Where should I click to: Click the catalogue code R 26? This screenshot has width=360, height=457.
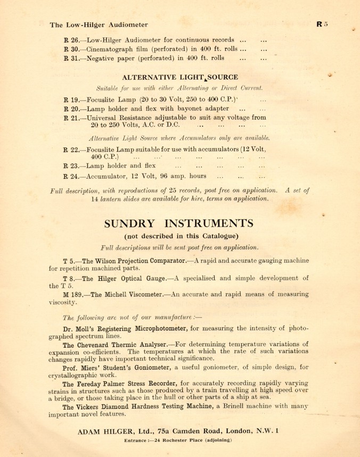(x=71, y=40)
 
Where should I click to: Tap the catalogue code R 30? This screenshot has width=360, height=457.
(x=71, y=49)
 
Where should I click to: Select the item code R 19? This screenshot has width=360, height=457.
(x=71, y=99)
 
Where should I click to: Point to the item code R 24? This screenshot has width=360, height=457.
(x=71, y=176)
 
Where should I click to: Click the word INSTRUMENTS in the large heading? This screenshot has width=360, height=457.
(x=209, y=222)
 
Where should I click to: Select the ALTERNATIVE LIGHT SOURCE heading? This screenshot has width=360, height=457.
(x=180, y=77)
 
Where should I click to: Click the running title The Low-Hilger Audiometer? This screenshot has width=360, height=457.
(x=99, y=24)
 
